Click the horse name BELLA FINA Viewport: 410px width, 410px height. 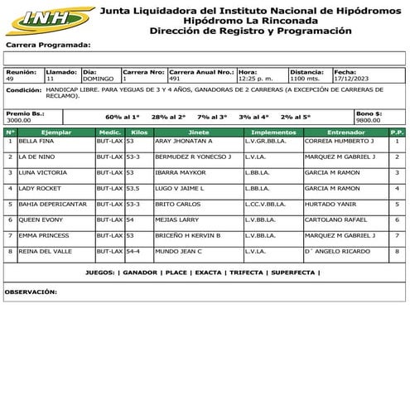pyautogui.click(x=37, y=142)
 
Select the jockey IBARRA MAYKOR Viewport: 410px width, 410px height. pyautogui.click(x=180, y=173)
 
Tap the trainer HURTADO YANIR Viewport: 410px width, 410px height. pyautogui.click(x=331, y=204)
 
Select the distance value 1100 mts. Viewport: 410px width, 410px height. pyautogui.click(x=306, y=79)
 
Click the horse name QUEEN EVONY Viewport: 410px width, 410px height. pyautogui.click(x=41, y=219)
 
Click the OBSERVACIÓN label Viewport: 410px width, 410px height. pyautogui.click(x=31, y=292)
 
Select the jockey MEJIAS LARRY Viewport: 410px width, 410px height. pyautogui.click(x=177, y=219)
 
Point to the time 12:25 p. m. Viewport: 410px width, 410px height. pyautogui.click(x=254, y=79)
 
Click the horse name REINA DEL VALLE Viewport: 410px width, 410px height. pyautogui.click(x=46, y=251)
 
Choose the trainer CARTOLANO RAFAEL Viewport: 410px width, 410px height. pyautogui.click(x=336, y=219)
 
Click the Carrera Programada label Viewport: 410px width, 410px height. pyautogui.click(x=47, y=46)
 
